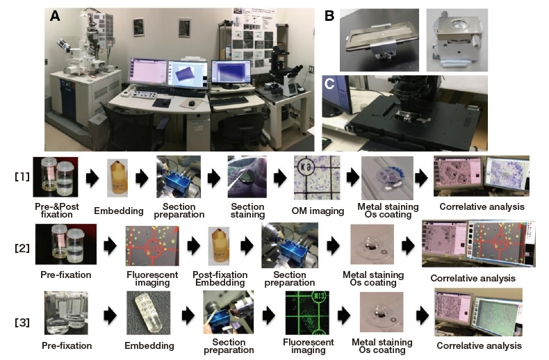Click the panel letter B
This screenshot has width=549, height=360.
[330, 15]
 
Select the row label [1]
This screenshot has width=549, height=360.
[22, 177]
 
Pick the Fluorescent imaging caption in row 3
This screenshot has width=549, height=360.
[309, 345]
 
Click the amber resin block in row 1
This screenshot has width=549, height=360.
[116, 178]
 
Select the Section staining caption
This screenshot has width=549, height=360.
[248, 211]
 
